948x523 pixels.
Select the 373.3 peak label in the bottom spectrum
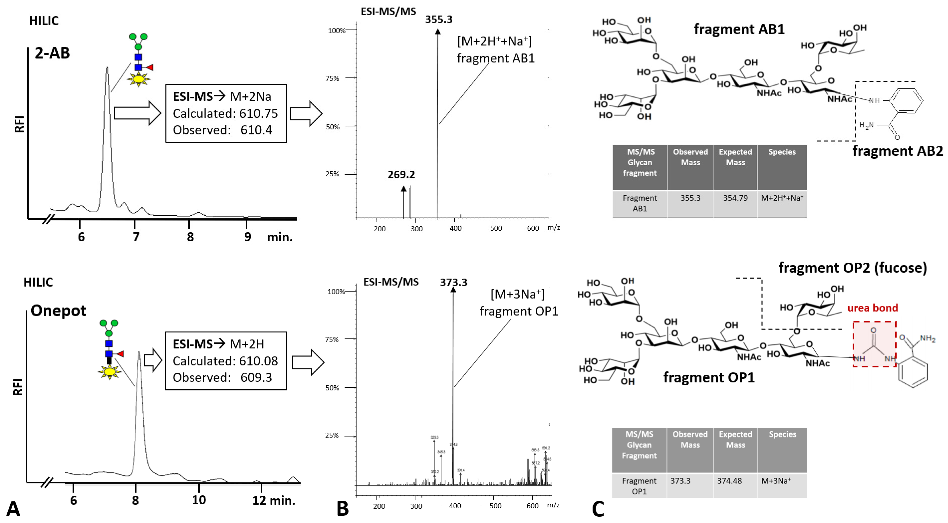[x=453, y=282]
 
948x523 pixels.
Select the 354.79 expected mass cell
[x=735, y=198]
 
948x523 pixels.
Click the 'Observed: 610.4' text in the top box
[x=222, y=130]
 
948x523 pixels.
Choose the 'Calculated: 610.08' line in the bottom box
[x=225, y=361]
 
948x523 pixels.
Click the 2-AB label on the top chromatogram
[x=52, y=53]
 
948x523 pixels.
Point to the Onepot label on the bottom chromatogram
[x=58, y=311]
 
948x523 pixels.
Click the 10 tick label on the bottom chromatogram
[x=199, y=500]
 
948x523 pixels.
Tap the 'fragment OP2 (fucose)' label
[x=852, y=267]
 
